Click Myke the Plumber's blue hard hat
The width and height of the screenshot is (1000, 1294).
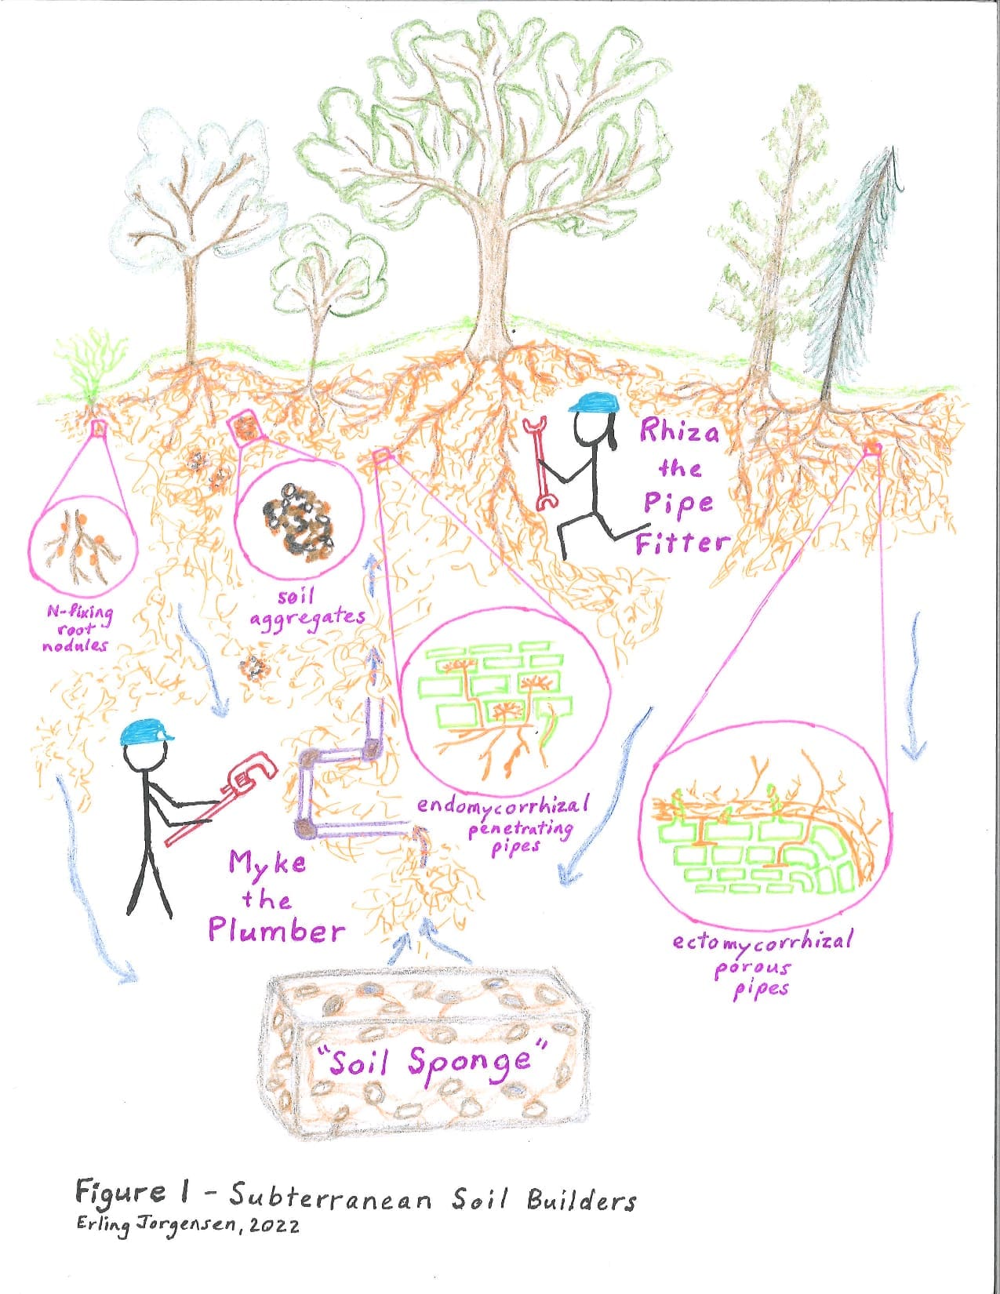(145, 733)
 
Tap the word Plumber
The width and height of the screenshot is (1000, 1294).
(276, 932)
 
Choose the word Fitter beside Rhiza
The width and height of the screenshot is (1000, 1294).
(682, 541)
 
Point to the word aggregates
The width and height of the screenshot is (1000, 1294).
(307, 620)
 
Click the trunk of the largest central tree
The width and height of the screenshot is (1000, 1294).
(492, 285)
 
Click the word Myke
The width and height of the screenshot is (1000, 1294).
(267, 863)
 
